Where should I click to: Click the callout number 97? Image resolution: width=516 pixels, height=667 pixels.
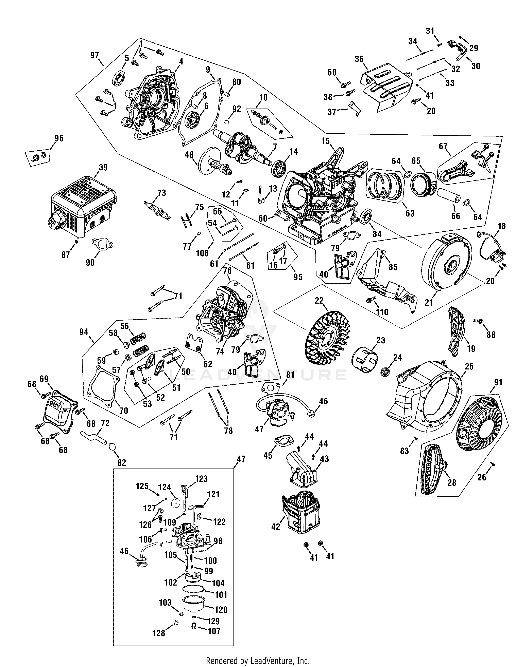click(x=95, y=55)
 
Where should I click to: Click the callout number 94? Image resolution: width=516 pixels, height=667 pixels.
click(x=84, y=332)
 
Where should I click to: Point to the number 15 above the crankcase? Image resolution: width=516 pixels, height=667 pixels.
click(x=326, y=141)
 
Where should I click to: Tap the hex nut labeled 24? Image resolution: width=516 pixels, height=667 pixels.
click(x=385, y=372)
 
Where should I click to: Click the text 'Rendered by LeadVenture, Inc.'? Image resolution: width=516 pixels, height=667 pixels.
click(x=258, y=661)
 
